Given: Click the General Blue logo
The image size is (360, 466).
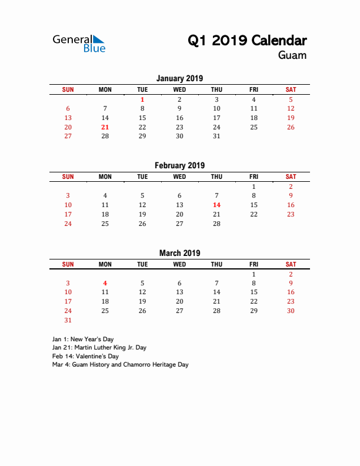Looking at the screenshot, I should (x=79, y=43).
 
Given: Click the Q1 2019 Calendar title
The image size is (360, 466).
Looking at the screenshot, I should (x=247, y=41).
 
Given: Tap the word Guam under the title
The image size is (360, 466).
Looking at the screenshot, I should (x=292, y=55).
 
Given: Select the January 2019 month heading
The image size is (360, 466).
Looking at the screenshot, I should (x=179, y=78).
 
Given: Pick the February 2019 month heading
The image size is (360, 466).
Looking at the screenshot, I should (x=179, y=165).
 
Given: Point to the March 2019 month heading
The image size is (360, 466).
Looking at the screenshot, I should (x=179, y=253).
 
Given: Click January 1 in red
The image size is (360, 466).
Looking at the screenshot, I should (x=142, y=99).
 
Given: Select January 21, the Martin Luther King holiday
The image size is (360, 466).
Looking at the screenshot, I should (x=105, y=127).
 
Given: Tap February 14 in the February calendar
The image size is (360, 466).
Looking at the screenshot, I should (x=216, y=205).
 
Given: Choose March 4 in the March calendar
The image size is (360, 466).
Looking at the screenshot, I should (x=105, y=283).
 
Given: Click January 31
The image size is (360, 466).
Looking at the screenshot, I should (x=216, y=136).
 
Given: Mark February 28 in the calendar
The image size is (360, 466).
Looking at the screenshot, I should (x=216, y=224).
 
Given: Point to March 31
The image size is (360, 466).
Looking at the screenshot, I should (x=68, y=320).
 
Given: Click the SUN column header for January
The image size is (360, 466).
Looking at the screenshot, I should (x=68, y=89).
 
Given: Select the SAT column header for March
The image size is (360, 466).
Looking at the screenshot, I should (x=291, y=265).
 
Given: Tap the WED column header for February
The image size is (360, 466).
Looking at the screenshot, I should (x=179, y=177).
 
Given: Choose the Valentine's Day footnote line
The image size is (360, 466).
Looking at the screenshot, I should (x=85, y=356).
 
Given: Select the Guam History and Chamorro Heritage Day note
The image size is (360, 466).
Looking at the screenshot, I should (x=120, y=365).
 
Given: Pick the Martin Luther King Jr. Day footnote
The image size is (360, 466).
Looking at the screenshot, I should (x=99, y=348).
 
